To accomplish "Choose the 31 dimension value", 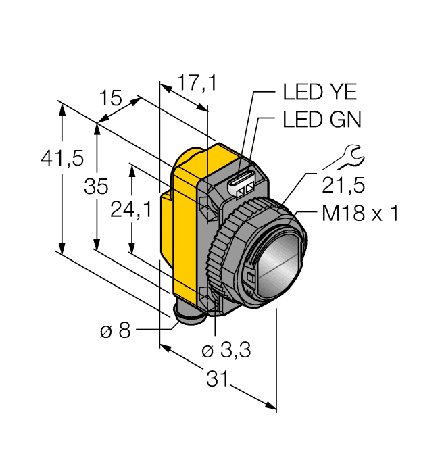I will pyautogui.click(x=216, y=379).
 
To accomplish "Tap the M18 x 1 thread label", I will pyautogui.click(x=360, y=214).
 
